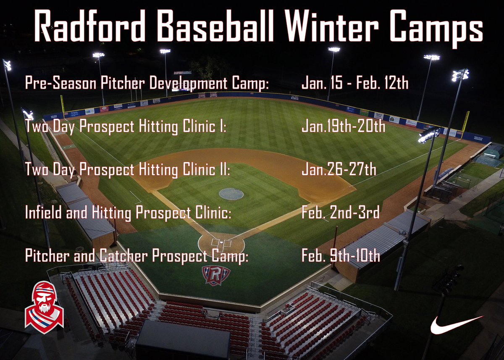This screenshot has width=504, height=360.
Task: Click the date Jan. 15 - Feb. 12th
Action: coord(354,83)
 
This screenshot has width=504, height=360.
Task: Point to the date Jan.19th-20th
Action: coord(343,126)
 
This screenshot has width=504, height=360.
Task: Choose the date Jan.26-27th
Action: coord(339,170)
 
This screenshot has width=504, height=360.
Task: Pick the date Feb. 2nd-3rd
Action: coord(340,213)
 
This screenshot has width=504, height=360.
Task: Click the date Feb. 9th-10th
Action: coord(341,256)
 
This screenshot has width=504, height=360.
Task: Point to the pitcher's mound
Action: coord(231,194)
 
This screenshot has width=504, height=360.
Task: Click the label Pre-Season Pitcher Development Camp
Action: coord(147,83)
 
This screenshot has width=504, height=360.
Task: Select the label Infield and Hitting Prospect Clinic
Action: coord(128,213)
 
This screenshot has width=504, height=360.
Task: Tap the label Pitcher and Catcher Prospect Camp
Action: coord(136,256)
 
